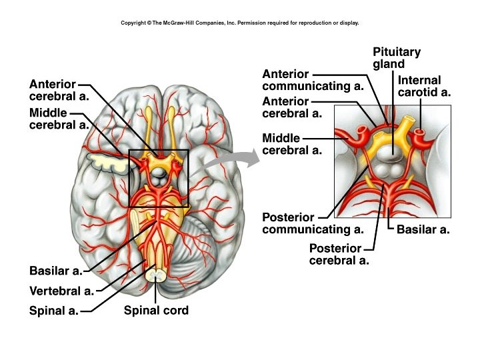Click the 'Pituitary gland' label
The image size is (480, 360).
(x=397, y=58)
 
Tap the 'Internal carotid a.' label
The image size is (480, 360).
(x=424, y=86)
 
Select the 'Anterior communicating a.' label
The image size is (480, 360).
(x=313, y=80)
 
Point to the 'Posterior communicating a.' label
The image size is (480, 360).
(x=313, y=223)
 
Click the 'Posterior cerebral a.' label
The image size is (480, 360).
(x=339, y=254)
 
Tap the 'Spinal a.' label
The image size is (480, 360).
(x=54, y=311)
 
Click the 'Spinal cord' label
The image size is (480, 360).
(x=156, y=310)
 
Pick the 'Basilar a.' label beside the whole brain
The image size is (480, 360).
(x=56, y=271)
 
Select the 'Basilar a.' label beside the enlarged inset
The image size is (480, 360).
(x=423, y=230)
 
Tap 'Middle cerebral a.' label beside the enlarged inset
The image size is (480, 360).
(x=292, y=144)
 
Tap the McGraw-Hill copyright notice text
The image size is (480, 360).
(x=240, y=23)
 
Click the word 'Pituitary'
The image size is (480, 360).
(x=397, y=52)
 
